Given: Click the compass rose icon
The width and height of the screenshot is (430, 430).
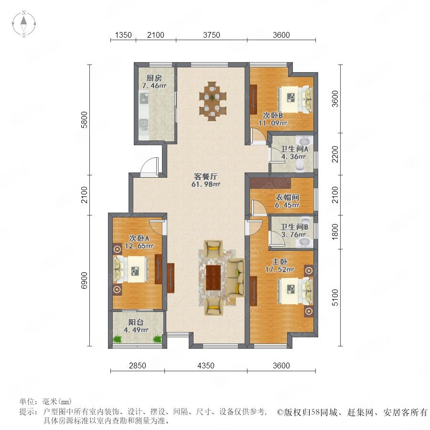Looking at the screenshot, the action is point(24,24).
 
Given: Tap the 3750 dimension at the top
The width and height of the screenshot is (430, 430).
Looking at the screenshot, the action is point(212,35).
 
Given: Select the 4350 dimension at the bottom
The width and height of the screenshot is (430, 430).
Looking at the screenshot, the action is point(205,365).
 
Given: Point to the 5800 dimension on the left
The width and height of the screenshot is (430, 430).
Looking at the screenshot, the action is point(84,120).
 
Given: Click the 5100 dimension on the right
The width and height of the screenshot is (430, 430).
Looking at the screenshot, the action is point(335,297).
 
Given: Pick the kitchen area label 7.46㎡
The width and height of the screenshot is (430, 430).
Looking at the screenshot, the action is point(154,86).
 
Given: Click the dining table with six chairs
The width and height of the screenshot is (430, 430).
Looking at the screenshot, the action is point(213,101).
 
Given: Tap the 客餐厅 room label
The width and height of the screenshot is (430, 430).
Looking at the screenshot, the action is point(205,176).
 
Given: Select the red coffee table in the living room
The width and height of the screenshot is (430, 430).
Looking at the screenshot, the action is point(214,278).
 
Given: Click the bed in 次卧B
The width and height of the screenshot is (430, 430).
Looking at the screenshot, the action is point(295,99).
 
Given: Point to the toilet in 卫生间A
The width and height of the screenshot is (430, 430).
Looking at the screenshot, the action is point(301,166).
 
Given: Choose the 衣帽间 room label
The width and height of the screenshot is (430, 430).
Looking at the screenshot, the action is point(287,197).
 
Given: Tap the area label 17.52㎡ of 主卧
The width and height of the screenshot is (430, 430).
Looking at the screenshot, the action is point(279,269).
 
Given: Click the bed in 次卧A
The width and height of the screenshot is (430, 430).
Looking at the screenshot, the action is point(131,269).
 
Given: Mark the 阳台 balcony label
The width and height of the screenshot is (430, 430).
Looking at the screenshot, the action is point(136,322).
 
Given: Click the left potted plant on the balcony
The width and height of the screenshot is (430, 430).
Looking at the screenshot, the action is point(118,339).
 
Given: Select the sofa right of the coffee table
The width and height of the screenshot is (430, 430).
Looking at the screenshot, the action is point(236,278).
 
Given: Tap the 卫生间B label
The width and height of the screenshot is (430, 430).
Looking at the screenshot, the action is point(294,227).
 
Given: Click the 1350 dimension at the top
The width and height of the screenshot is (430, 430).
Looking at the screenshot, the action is point(123,35).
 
